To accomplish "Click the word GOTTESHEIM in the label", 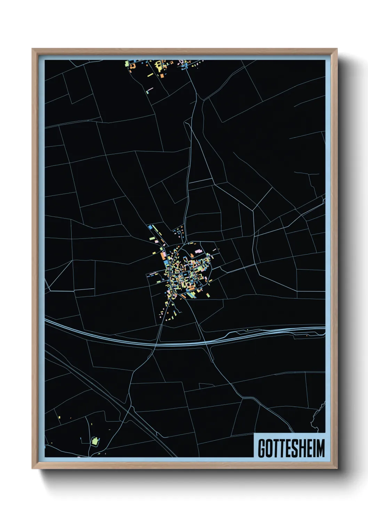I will (291, 448).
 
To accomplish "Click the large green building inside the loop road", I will (94, 442).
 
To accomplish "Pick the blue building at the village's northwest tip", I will (150, 227).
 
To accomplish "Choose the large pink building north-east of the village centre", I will (198, 251).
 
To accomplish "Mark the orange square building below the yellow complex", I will (162, 75).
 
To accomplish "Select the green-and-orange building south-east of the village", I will (208, 295).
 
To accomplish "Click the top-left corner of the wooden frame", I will (32, 49).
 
